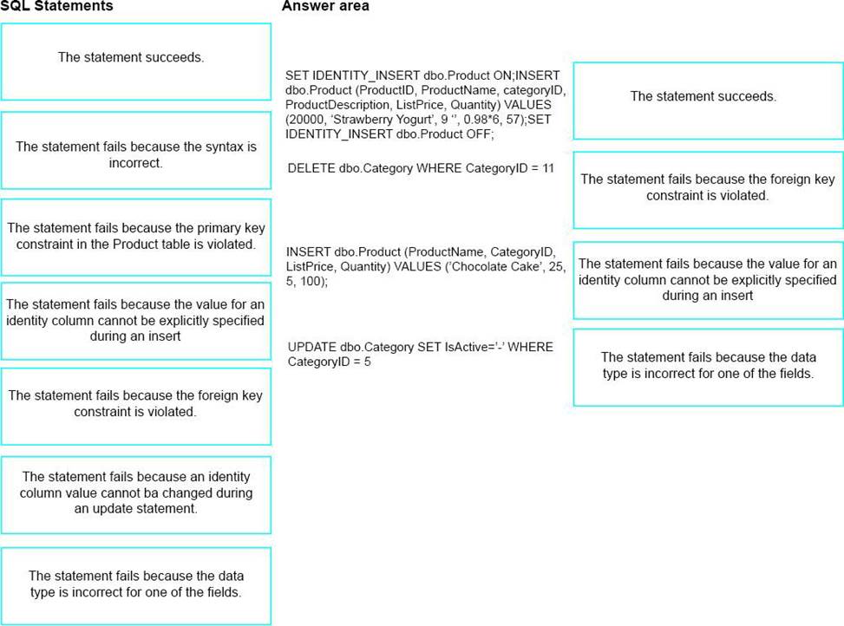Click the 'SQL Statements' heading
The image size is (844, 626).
(56, 6)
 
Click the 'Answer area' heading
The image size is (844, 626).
(325, 6)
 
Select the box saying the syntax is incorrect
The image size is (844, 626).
(136, 151)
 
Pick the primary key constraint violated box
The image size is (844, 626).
(136, 238)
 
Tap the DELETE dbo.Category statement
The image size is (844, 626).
(421, 168)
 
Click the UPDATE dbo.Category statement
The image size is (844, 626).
(421, 354)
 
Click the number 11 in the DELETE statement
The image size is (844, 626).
(548, 168)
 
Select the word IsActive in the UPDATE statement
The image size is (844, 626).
(467, 347)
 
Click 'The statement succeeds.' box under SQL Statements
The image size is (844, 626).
(136, 62)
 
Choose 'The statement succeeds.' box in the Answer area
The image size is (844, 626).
(709, 101)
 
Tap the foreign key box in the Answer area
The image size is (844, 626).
(709, 190)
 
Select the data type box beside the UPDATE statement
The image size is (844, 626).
(709, 368)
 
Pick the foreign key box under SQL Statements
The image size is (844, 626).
(136, 407)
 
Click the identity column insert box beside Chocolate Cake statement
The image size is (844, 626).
(709, 280)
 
